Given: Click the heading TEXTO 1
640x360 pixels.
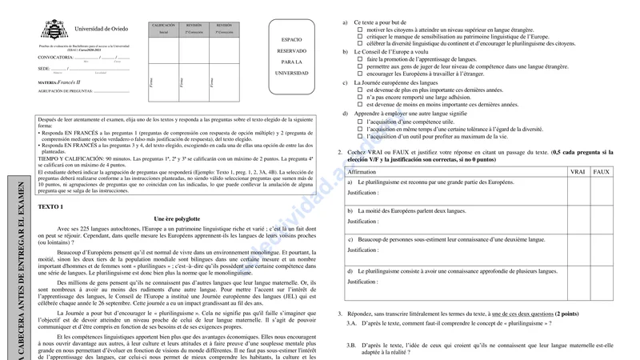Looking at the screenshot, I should point(51,206).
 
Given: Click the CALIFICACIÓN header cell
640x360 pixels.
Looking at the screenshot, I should point(163,26).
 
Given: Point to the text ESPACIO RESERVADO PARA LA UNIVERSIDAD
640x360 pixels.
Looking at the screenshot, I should point(291,55).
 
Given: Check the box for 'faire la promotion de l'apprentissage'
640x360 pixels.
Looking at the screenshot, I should point(360,59).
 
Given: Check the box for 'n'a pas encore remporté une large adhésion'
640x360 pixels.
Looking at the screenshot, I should point(360,98).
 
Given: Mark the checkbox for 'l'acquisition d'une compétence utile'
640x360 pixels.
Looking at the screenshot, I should point(360,121).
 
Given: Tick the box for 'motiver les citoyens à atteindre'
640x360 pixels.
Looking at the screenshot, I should point(360,30).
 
